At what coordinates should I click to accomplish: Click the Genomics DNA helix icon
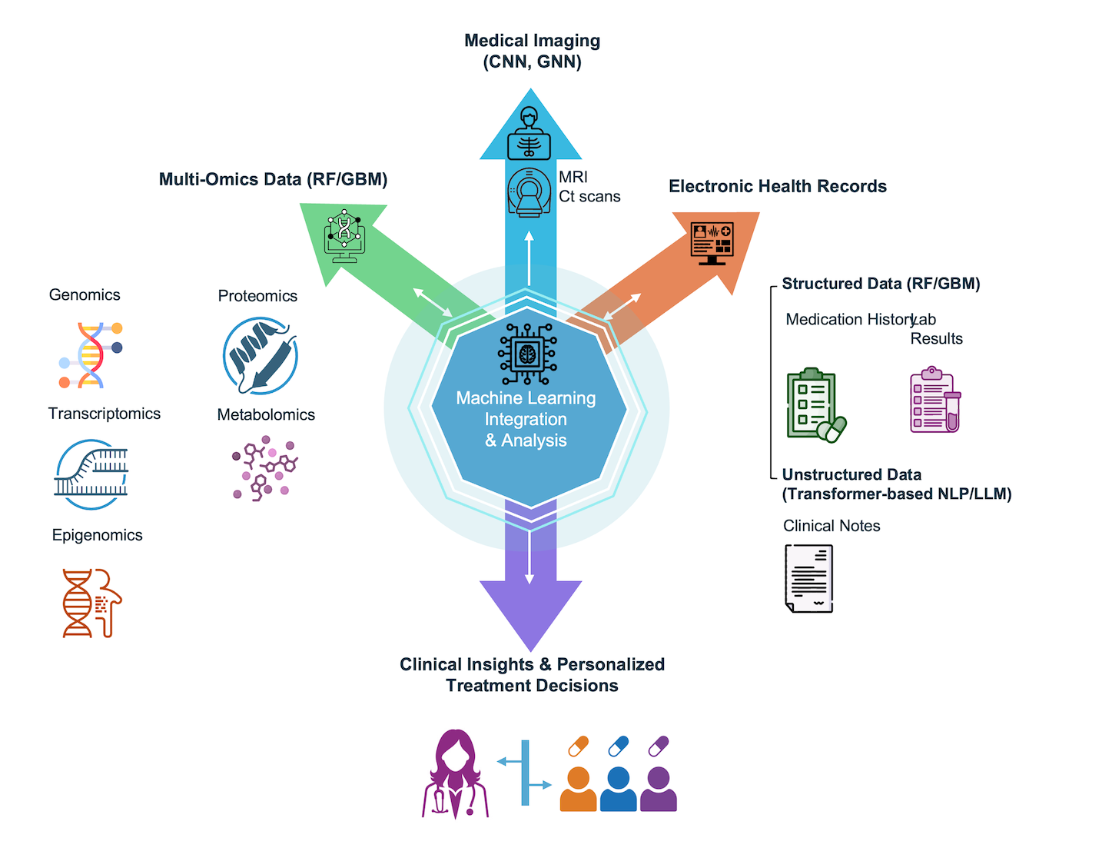tap(91, 355)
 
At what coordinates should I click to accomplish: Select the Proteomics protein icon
tap(261, 356)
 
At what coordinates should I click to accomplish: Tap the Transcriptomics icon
tap(91, 474)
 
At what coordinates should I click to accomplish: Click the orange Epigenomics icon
tap(91, 603)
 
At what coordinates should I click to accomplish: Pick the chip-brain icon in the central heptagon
tap(527, 354)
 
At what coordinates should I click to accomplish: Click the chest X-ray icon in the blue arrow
tap(529, 134)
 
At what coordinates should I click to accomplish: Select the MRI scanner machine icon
tap(529, 191)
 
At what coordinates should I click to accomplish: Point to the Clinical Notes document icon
tap(809, 578)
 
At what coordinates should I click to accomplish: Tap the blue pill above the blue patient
tap(618, 746)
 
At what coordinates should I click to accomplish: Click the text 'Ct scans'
tap(589, 197)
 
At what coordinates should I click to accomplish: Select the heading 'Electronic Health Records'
tap(777, 186)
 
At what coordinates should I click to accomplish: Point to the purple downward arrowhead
tap(530, 612)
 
